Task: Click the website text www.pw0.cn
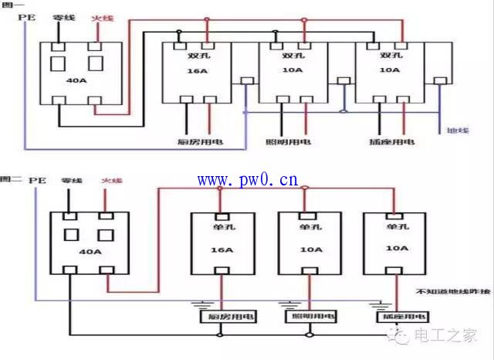[247, 181]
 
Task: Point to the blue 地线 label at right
[458, 130]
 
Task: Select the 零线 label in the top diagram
[63, 17]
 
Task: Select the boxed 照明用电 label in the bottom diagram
[308, 317]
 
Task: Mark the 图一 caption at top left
[11, 5]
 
